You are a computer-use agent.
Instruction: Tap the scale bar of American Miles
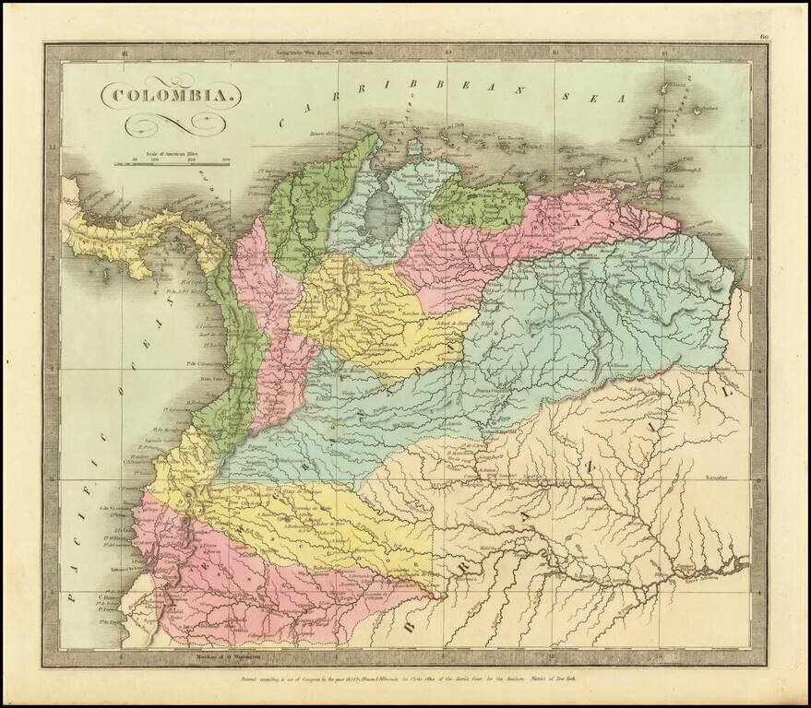172,163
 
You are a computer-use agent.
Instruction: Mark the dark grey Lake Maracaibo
377,211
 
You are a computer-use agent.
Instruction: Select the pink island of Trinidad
654,189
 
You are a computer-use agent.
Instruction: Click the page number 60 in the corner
764,37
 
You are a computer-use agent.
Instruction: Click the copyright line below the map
406,678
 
